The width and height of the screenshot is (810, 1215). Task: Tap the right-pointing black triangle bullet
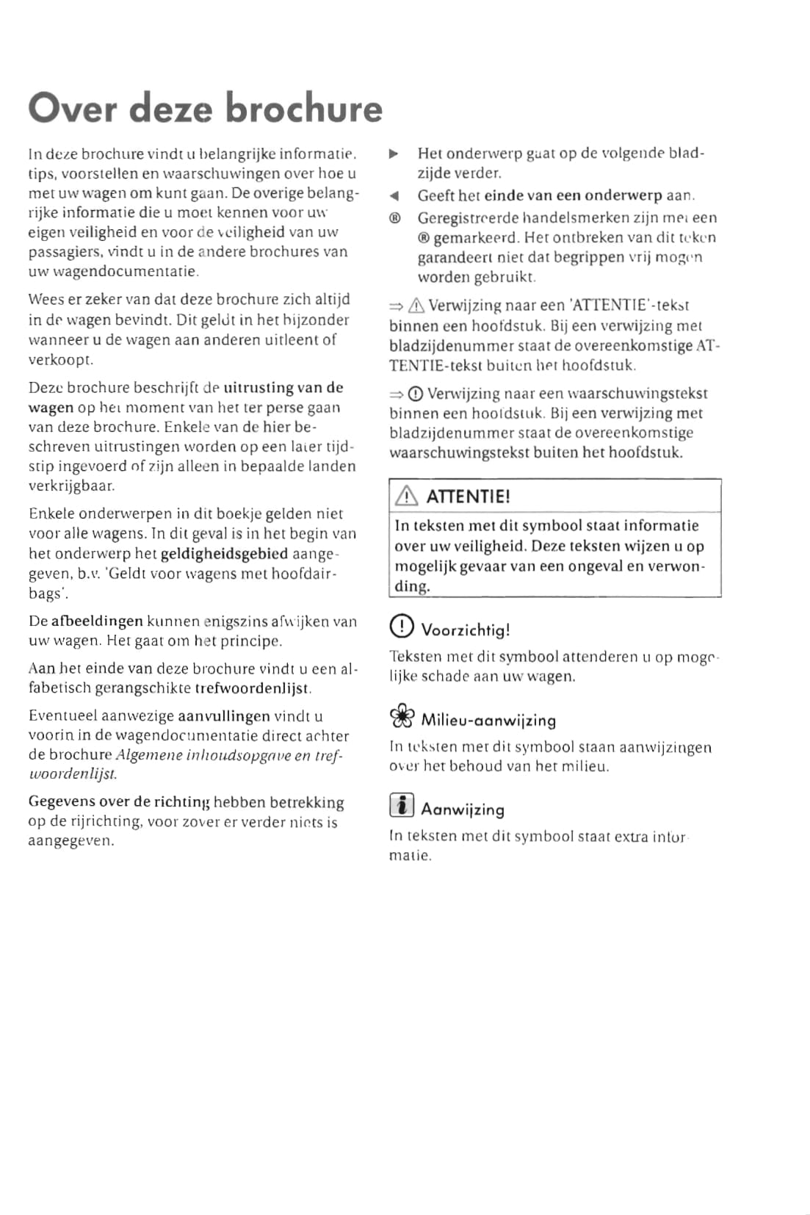point(394,154)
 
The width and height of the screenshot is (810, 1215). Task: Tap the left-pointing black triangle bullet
point(394,196)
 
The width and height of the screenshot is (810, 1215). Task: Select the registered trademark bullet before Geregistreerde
point(394,218)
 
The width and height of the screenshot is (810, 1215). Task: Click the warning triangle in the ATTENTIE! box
point(405,497)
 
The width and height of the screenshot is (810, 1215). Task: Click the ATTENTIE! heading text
point(468,497)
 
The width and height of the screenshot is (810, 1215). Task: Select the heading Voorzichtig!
point(466,630)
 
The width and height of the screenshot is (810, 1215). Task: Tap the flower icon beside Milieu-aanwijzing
point(402,717)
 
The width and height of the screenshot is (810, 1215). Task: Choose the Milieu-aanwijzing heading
point(488,721)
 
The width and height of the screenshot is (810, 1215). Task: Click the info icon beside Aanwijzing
point(401,806)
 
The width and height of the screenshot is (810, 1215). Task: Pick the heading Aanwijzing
point(463,810)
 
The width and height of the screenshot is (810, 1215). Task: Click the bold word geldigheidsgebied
point(224,553)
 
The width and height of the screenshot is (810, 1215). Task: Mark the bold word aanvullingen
point(224,715)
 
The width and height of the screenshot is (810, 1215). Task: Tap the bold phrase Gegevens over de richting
point(119,802)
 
